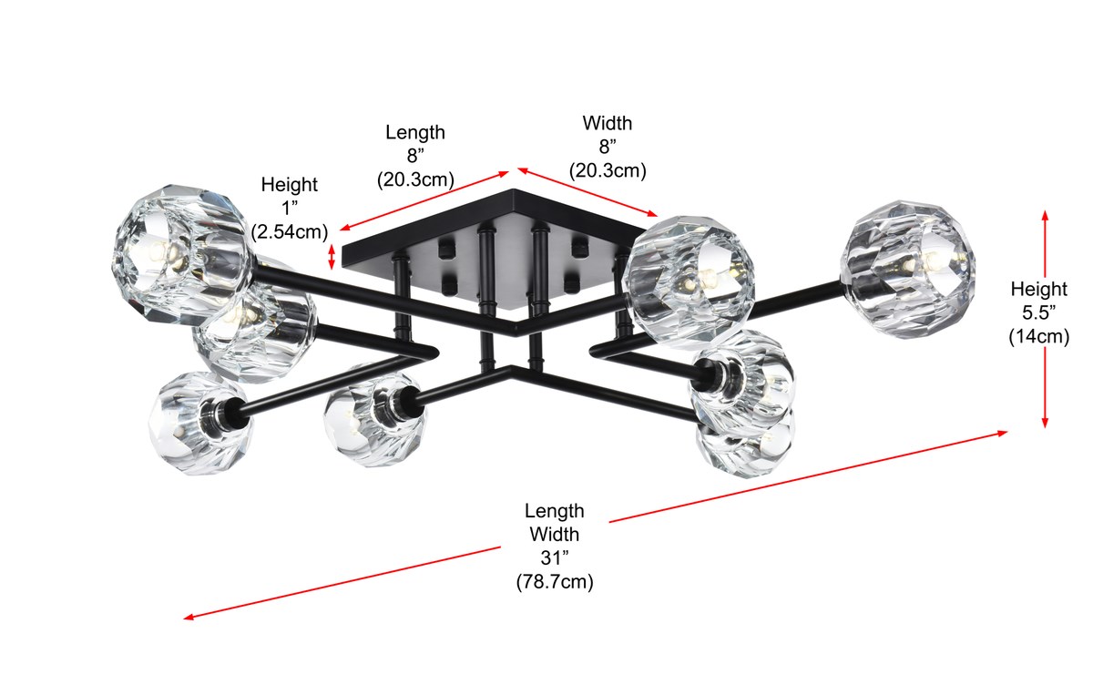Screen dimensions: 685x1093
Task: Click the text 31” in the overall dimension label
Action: (554, 558)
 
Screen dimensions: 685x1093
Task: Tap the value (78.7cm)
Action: (554, 582)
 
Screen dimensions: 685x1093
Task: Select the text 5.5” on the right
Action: (1038, 312)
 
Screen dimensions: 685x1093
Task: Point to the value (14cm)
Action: (1038, 336)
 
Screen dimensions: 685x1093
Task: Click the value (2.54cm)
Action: (290, 231)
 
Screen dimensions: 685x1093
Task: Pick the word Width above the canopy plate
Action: (608, 123)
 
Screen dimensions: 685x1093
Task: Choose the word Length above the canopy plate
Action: (415, 132)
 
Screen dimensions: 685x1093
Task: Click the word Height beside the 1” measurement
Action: (290, 185)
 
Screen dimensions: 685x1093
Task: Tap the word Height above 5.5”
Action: (1038, 289)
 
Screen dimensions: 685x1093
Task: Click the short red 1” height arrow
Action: (332, 255)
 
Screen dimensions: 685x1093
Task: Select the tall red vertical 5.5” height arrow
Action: (1045, 319)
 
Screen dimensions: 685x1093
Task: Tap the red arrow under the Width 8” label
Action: (590, 192)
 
